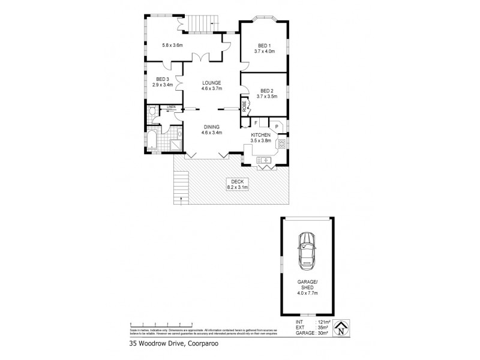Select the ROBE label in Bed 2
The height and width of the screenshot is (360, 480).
pyautogui.click(x=245, y=106)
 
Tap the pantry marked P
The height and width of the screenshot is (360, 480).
pyautogui.click(x=276, y=127)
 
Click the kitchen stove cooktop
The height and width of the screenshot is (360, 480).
pyautogui.click(x=281, y=144)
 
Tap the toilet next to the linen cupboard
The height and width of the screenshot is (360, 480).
pyautogui.click(x=152, y=111)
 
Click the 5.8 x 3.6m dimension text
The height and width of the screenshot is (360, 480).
pyautogui.click(x=172, y=44)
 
